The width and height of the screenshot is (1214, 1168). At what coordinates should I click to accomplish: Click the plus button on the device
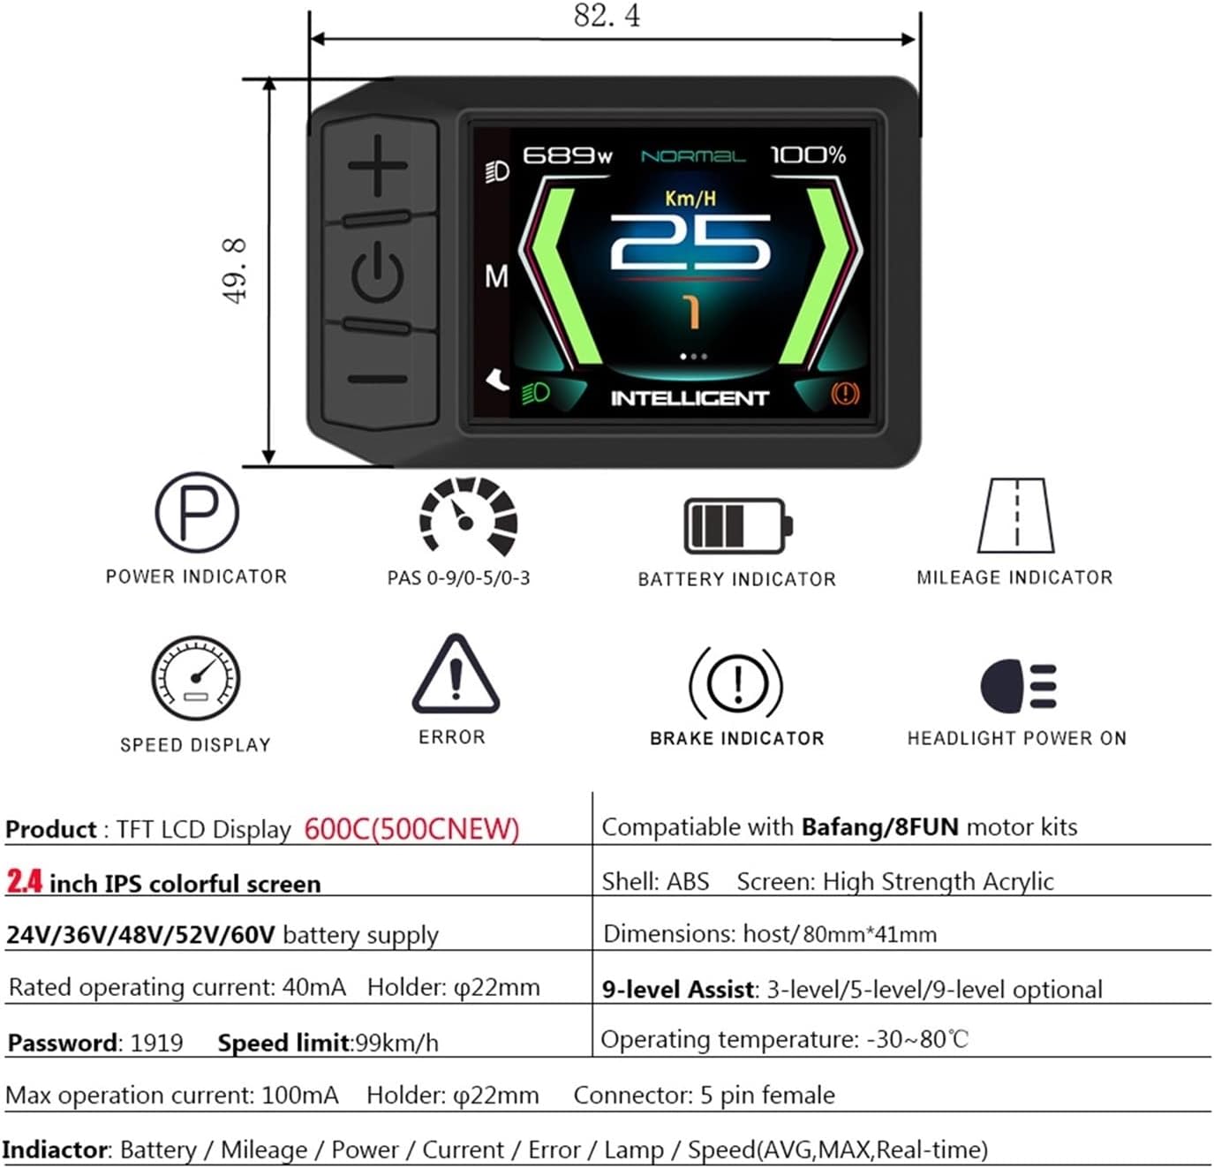point(378,165)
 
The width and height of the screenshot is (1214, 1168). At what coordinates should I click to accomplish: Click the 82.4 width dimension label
point(607,16)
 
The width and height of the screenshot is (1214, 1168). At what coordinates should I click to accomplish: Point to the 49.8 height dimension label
point(235,271)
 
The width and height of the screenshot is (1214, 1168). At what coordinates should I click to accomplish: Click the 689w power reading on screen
point(567,156)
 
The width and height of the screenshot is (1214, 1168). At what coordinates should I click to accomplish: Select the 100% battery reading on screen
point(808,155)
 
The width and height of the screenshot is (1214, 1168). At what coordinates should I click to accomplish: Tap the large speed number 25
point(690,244)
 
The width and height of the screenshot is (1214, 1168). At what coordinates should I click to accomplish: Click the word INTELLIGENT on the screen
point(690,398)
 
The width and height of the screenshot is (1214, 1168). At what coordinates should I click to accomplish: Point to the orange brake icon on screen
point(844,393)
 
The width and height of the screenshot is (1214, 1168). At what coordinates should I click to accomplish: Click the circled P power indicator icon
point(197,512)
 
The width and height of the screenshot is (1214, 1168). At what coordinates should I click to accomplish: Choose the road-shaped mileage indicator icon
point(1016,516)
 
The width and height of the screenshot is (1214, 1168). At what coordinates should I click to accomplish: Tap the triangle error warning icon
point(456,675)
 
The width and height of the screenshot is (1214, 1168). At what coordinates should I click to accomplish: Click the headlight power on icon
point(1018,686)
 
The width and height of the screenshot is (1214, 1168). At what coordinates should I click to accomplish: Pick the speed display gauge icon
point(195,678)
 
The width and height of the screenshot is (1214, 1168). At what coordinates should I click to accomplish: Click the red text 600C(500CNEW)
point(411,828)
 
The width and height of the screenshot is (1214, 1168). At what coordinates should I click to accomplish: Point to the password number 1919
point(156,1043)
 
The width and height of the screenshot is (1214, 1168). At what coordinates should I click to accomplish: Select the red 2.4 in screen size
point(25,881)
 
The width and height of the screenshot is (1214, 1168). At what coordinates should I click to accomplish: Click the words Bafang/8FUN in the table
point(879,827)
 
